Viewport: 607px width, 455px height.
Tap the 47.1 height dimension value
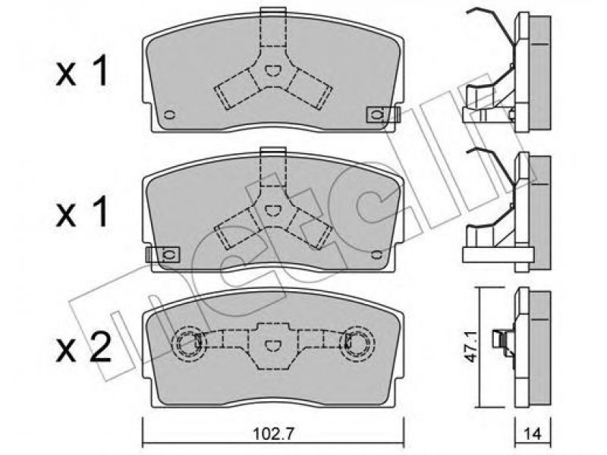pyautogui.click(x=470, y=347)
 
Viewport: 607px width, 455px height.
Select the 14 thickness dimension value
pyautogui.click(x=533, y=433)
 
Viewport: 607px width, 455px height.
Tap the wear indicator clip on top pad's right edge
pyautogui.click(x=382, y=115)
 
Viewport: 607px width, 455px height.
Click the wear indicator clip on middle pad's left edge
pyautogui.click(x=162, y=255)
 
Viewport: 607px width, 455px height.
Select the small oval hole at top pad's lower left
pyautogui.click(x=169, y=115)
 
